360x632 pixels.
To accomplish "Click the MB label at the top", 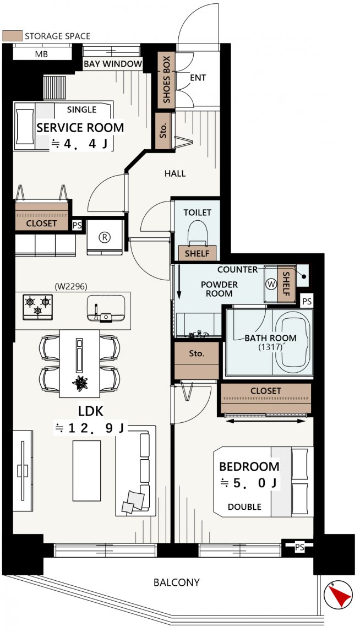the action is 41,54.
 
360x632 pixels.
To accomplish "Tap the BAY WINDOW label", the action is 113,64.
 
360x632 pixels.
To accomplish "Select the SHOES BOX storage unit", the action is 166,80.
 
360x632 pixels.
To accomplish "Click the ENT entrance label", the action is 198,78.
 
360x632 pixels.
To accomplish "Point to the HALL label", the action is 176,174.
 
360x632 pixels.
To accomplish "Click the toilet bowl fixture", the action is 198,233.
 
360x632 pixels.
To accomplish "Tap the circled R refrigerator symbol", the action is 105,237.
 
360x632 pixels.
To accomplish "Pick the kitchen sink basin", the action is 106,308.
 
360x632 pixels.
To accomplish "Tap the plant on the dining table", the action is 80,383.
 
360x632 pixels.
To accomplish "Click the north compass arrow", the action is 337,595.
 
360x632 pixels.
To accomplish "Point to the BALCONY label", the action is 177,582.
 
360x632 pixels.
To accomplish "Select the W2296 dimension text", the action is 71,287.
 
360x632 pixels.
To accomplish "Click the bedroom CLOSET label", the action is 266,390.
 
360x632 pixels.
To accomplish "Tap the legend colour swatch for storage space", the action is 12,35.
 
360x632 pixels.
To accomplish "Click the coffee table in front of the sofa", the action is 86,470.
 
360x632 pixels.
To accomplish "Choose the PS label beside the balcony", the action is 299,547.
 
